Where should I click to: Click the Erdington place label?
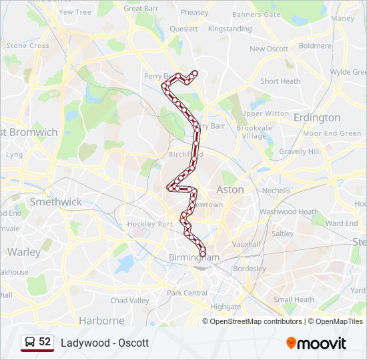click(x=317, y=118)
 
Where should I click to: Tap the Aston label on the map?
click(x=230, y=189)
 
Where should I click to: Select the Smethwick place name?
click(x=55, y=201)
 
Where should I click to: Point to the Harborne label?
click(x=101, y=320)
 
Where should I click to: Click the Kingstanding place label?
click(x=230, y=29)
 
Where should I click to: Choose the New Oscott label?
click(x=269, y=49)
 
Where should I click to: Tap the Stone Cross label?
click(x=27, y=46)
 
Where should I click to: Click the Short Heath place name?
click(x=280, y=81)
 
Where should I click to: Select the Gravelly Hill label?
click(x=298, y=151)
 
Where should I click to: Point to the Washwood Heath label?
click(x=289, y=212)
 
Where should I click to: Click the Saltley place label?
click(x=282, y=234)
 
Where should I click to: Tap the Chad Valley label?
click(x=130, y=301)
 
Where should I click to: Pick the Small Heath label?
click(x=294, y=300)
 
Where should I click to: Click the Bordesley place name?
click(x=248, y=269)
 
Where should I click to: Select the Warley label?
click(x=24, y=252)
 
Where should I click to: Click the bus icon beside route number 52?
click(x=30, y=342)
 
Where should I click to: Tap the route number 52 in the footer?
click(x=45, y=342)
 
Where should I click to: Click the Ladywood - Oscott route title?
click(x=105, y=343)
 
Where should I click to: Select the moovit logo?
click(x=316, y=343)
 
